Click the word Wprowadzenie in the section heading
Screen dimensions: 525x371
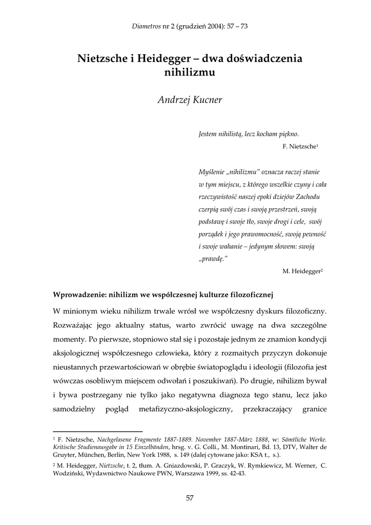click(x=79, y=294)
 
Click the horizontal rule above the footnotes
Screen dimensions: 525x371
click(x=98, y=431)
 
